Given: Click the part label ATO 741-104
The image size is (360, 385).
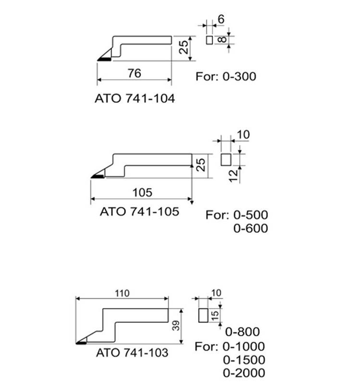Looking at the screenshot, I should tap(134, 99).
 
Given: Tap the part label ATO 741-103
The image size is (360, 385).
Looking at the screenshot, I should tap(132, 353).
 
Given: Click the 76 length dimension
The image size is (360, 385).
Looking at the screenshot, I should tap(134, 74).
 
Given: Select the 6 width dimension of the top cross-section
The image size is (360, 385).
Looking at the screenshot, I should tap(221, 19).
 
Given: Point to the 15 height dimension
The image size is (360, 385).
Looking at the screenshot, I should tap(215, 315).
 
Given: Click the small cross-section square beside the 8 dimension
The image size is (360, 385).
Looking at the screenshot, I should tap(209, 39).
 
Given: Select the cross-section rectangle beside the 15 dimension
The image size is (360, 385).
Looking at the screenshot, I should tap(204, 315).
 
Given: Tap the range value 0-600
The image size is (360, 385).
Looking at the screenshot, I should tap(250, 229).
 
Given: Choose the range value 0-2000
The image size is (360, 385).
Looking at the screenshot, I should tap(244, 373).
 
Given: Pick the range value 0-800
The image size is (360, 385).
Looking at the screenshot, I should tap(242, 332).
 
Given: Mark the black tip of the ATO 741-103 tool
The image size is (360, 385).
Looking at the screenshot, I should tap(81, 343).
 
